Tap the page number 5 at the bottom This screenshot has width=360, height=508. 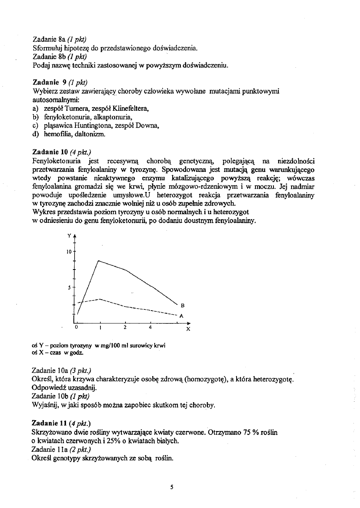point(172,487)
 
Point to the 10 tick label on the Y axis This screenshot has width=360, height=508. point(69,251)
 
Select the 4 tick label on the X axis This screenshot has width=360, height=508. point(150,327)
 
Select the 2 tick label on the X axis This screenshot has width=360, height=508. point(125,327)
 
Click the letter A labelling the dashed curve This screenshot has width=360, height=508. point(181,316)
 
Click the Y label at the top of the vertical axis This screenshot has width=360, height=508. point(70,236)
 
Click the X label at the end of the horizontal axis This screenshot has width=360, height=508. point(188,329)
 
